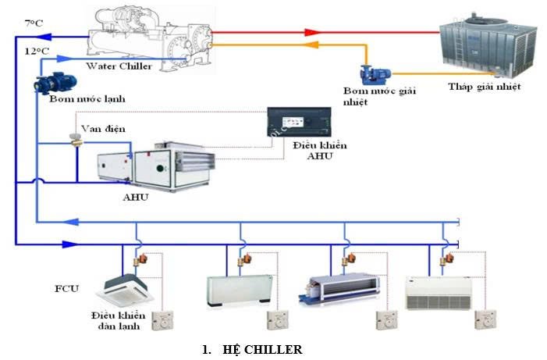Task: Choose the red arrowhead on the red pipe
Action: [x=312, y=33]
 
